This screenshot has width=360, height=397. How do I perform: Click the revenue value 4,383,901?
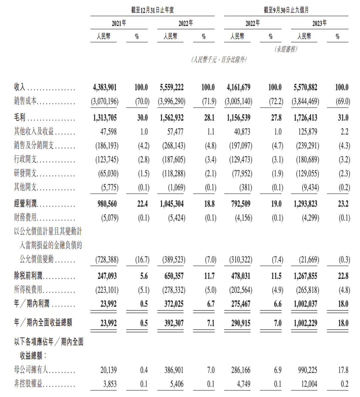105,87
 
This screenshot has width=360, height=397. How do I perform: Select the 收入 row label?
20,87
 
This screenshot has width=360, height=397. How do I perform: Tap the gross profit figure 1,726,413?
305,118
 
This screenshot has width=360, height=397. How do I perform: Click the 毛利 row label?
20,118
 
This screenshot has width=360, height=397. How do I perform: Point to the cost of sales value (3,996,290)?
171,101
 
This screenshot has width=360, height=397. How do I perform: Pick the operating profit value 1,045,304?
172,204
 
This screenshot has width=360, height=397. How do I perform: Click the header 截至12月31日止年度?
152,10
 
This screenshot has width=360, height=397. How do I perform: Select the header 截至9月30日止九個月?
286,10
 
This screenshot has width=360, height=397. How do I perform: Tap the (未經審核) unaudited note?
286,49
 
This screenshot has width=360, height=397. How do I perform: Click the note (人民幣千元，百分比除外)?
219,59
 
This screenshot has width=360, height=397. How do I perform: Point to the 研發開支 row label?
25,173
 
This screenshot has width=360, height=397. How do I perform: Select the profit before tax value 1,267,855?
305,276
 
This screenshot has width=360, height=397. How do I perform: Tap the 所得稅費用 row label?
28,290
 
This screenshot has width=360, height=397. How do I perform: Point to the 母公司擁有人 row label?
31,370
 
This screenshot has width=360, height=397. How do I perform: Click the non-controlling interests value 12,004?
309,384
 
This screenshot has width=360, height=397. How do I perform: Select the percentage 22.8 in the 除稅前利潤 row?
343,276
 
